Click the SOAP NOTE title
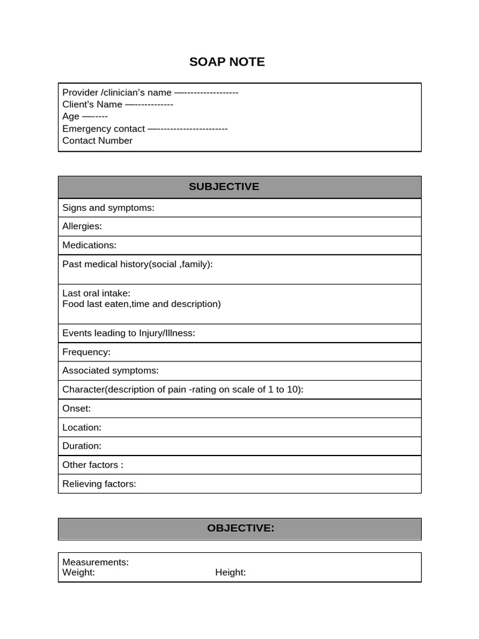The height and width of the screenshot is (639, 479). [227, 62]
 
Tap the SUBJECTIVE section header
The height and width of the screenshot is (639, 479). [224, 187]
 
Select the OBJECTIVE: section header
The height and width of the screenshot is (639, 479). [240, 528]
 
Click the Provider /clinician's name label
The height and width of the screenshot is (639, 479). [117, 92]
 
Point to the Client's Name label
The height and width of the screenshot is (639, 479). [92, 104]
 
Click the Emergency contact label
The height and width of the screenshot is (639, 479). [104, 129]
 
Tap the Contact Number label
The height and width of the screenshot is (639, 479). [97, 140]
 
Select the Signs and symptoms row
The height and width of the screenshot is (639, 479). [108, 208]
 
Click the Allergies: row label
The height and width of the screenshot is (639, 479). [82, 226]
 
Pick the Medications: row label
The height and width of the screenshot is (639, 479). [89, 245]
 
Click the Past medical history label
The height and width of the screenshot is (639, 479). [137, 264]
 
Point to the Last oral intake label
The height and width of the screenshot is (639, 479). [96, 293]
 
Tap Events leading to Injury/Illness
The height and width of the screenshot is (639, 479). [128, 333]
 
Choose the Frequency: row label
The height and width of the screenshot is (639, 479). [86, 352]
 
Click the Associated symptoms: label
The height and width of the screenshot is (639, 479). [110, 371]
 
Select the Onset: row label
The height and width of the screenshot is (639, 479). [76, 409]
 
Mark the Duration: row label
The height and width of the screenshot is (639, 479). [82, 446]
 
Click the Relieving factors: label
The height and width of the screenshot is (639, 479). [99, 484]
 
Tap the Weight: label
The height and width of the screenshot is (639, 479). [79, 572]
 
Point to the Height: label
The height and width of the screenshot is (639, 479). [231, 572]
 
